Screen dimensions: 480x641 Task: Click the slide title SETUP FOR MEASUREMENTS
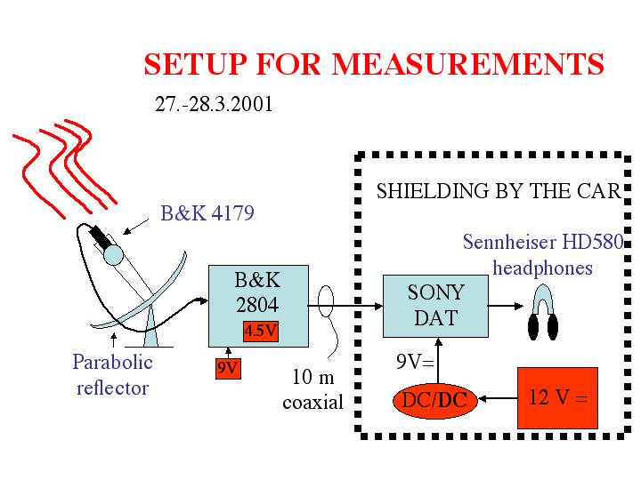pos(374,65)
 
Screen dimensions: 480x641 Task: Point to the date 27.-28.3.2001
pos(214,104)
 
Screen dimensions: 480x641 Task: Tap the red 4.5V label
pos(261,331)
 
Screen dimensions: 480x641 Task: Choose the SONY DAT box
pos(435,306)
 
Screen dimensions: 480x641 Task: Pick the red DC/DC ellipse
pos(434,400)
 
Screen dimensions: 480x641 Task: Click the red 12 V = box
pos(556,398)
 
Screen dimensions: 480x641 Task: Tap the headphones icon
pos(542,316)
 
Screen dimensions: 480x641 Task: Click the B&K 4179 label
pos(207,213)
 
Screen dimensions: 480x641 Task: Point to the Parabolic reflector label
pos(112,374)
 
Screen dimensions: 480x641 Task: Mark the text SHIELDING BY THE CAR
pos(498,191)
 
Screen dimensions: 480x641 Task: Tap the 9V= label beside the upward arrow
pos(413,362)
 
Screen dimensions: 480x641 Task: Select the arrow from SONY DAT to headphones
pos(504,306)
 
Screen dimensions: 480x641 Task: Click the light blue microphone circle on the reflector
pos(113,254)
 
